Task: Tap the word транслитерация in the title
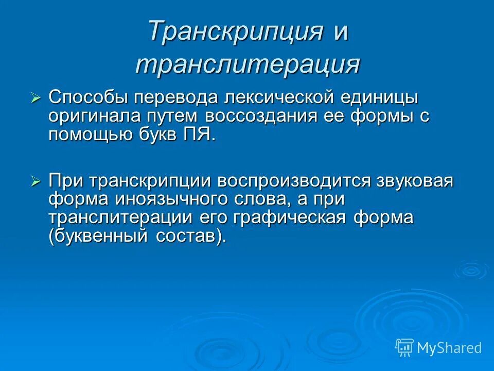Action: point(247,65)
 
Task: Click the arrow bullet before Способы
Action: point(36,98)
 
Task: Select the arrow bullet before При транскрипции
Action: point(36,181)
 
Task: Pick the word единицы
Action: point(392,97)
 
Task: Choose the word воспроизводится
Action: point(295,181)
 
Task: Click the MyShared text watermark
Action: point(449,348)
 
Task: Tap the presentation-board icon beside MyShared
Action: point(404,348)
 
